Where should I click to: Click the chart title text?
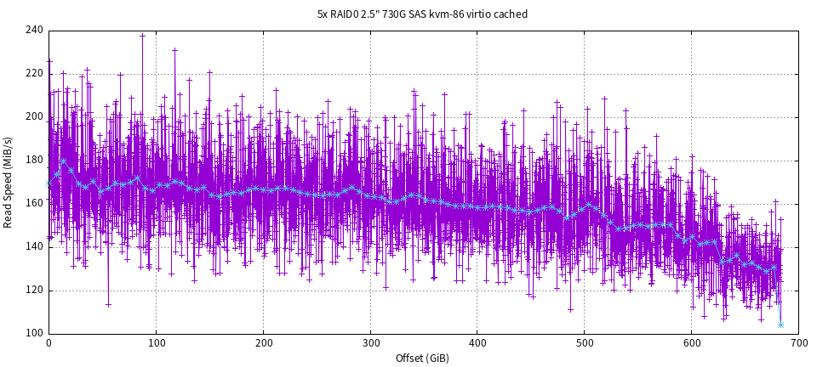click(x=422, y=14)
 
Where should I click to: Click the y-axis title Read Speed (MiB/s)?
click(x=9, y=181)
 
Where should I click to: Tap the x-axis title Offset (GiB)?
click(x=423, y=358)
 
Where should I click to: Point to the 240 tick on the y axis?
click(x=34, y=31)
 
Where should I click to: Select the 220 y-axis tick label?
click(x=34, y=74)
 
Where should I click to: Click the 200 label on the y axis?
click(x=34, y=117)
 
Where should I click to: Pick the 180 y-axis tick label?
click(x=34, y=161)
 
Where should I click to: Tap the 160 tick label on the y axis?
click(x=34, y=204)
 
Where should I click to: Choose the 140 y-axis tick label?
click(x=34, y=246)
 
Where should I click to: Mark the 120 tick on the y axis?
click(x=34, y=290)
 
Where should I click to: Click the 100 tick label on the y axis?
click(x=34, y=333)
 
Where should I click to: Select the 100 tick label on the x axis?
click(x=156, y=343)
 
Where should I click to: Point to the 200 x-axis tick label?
click(x=263, y=343)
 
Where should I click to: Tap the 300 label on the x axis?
click(x=370, y=343)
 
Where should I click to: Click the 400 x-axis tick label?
click(x=477, y=343)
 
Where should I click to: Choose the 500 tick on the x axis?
click(x=585, y=343)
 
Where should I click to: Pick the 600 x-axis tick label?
click(x=692, y=343)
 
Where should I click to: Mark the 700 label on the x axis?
click(x=798, y=343)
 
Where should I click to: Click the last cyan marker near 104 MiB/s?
click(x=780, y=325)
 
